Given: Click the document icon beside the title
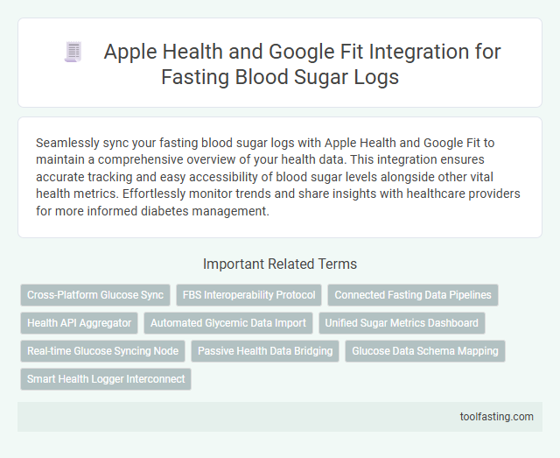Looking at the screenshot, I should [73, 53].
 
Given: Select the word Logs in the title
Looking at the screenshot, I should [375, 76].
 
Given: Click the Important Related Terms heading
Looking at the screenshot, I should [280, 264].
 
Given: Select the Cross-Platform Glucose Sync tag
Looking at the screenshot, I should [95, 295].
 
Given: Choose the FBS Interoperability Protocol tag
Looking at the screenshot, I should [249, 295].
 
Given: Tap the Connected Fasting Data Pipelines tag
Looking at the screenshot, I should [413, 295].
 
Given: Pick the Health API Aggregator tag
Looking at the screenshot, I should [79, 323].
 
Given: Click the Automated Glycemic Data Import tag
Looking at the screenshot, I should [227, 323].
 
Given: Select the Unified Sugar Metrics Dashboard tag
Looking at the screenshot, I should [402, 323].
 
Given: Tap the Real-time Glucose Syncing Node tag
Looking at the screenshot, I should [102, 351].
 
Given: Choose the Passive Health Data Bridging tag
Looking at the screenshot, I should [265, 351].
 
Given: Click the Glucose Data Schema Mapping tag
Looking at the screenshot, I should [424, 351].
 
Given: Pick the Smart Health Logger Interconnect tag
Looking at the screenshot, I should [106, 379].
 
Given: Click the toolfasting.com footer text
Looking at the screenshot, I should [496, 416].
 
